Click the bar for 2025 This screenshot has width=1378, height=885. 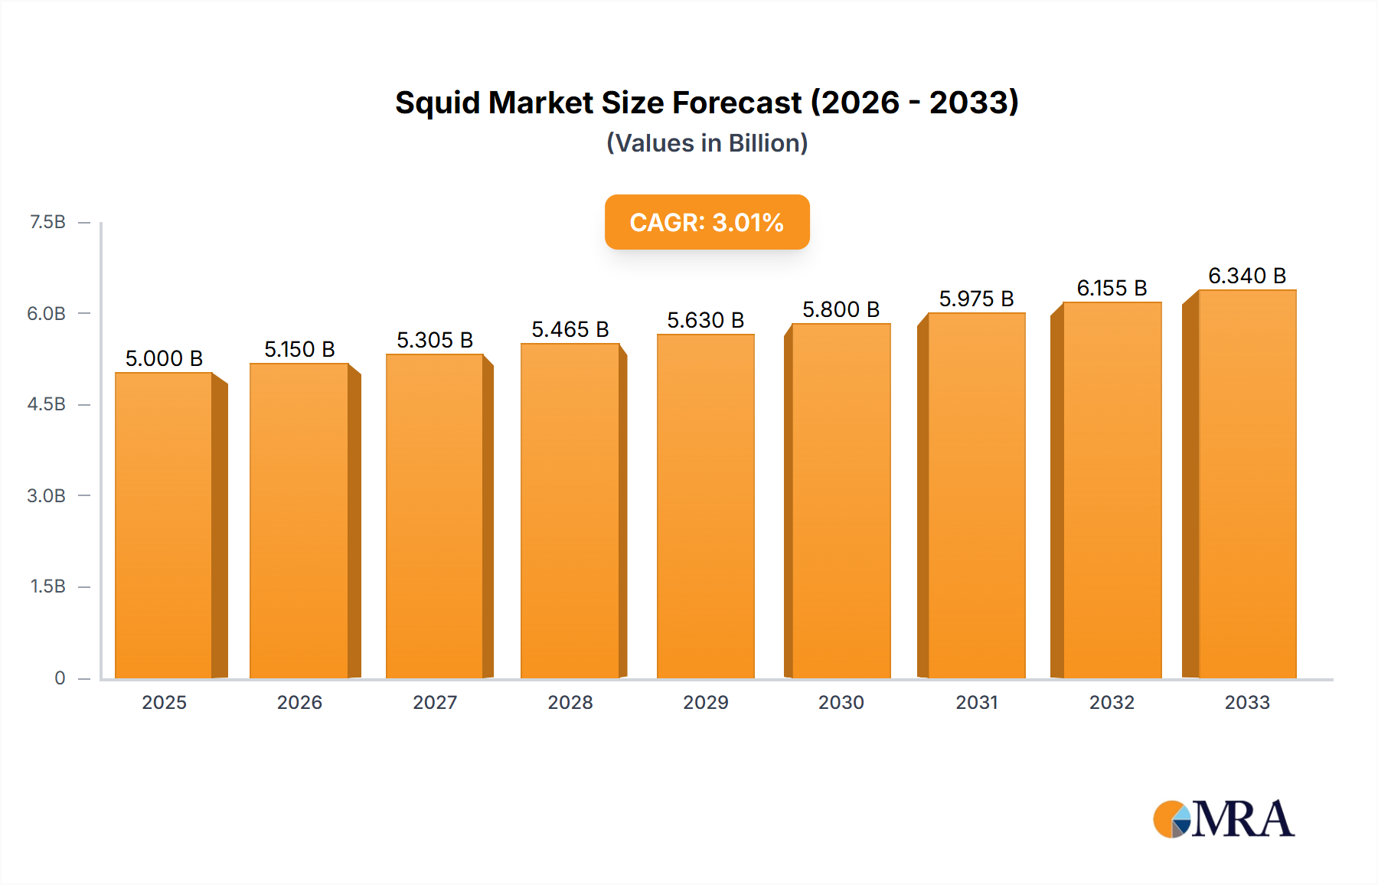pyautogui.click(x=164, y=525)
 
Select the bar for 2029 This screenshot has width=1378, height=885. pyautogui.click(x=705, y=506)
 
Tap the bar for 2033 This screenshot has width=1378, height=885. pyautogui.click(x=1247, y=484)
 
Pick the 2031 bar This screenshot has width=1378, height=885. pyautogui.click(x=976, y=495)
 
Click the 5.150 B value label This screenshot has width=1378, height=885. pyautogui.click(x=299, y=349)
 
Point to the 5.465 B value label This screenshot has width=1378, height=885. pyautogui.click(x=570, y=329)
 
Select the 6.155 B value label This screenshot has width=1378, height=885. pyautogui.click(x=1112, y=288)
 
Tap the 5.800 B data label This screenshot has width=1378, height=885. pyautogui.click(x=841, y=309)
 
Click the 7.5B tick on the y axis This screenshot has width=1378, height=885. pyautogui.click(x=47, y=222)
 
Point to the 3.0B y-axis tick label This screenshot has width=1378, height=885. pyautogui.click(x=47, y=495)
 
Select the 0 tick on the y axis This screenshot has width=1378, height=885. pyautogui.click(x=60, y=678)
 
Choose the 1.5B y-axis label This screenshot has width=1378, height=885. pyautogui.click(x=47, y=586)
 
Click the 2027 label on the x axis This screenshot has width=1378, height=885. pyautogui.click(x=435, y=702)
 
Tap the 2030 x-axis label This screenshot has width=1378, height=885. pyautogui.click(x=841, y=702)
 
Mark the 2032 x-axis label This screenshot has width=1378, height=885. pyautogui.click(x=1112, y=702)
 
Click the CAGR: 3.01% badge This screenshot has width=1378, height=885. pyautogui.click(x=707, y=222)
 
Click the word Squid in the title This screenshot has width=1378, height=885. pyautogui.click(x=438, y=103)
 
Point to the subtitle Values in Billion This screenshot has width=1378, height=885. pyautogui.click(x=707, y=143)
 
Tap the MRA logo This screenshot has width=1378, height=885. pyautogui.click(x=1223, y=819)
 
